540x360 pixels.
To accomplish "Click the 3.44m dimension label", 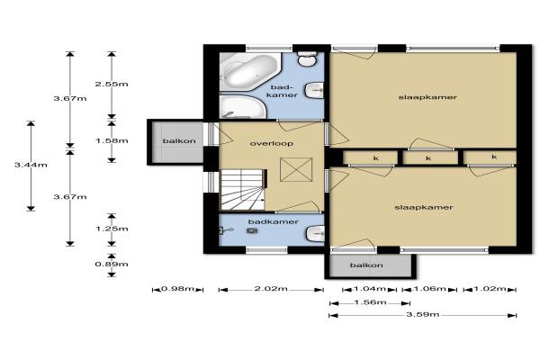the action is tap(31, 165).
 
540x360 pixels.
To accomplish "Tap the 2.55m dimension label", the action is tap(112, 84).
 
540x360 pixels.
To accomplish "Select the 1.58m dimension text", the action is tap(112, 141).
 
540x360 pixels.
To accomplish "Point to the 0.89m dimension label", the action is tap(112, 265).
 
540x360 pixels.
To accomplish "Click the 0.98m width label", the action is tap(177, 288).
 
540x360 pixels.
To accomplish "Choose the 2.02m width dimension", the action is tap(271, 288).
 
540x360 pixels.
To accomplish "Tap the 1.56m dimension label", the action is tap(370, 302).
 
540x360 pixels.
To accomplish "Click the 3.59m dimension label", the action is tap(423, 314).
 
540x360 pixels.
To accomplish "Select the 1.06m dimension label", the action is tap(429, 288).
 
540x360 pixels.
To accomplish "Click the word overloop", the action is tap(272, 143).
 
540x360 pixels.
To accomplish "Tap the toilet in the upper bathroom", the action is tap(307, 58).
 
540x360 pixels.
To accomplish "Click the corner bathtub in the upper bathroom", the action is tap(250, 71).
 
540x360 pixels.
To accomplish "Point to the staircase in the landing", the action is tap(243, 190).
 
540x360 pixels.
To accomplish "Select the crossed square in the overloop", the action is tap(296, 169).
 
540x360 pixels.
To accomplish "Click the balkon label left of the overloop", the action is tap(179, 141).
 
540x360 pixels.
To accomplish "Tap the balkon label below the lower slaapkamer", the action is tap(366, 265).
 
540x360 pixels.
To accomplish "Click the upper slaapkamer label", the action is tap(427, 97).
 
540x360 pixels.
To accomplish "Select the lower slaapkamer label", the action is tap(424, 207).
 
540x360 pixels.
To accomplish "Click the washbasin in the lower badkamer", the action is tap(315, 234).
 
